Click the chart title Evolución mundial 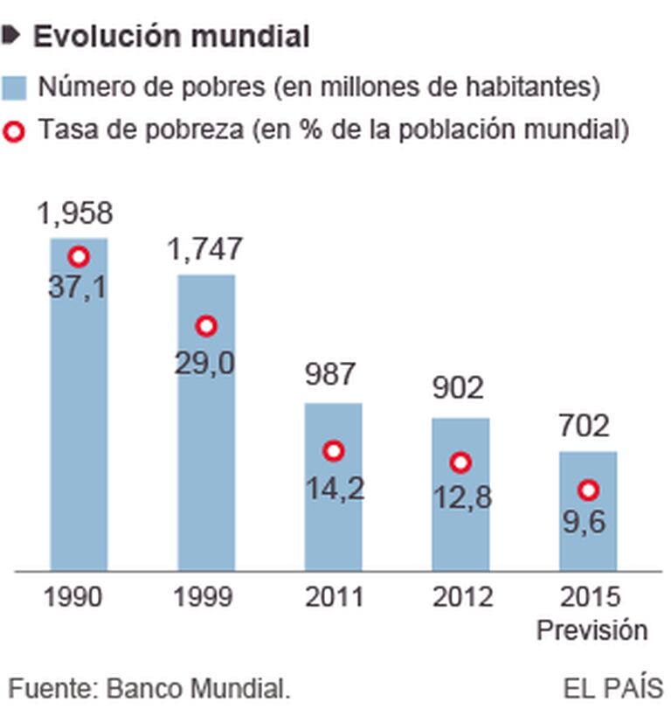[171, 36]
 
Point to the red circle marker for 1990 [80, 256]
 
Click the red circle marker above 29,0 [206, 326]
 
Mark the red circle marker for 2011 [334, 451]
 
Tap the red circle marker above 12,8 [460, 462]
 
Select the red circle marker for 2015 [588, 490]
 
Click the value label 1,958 [75, 213]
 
